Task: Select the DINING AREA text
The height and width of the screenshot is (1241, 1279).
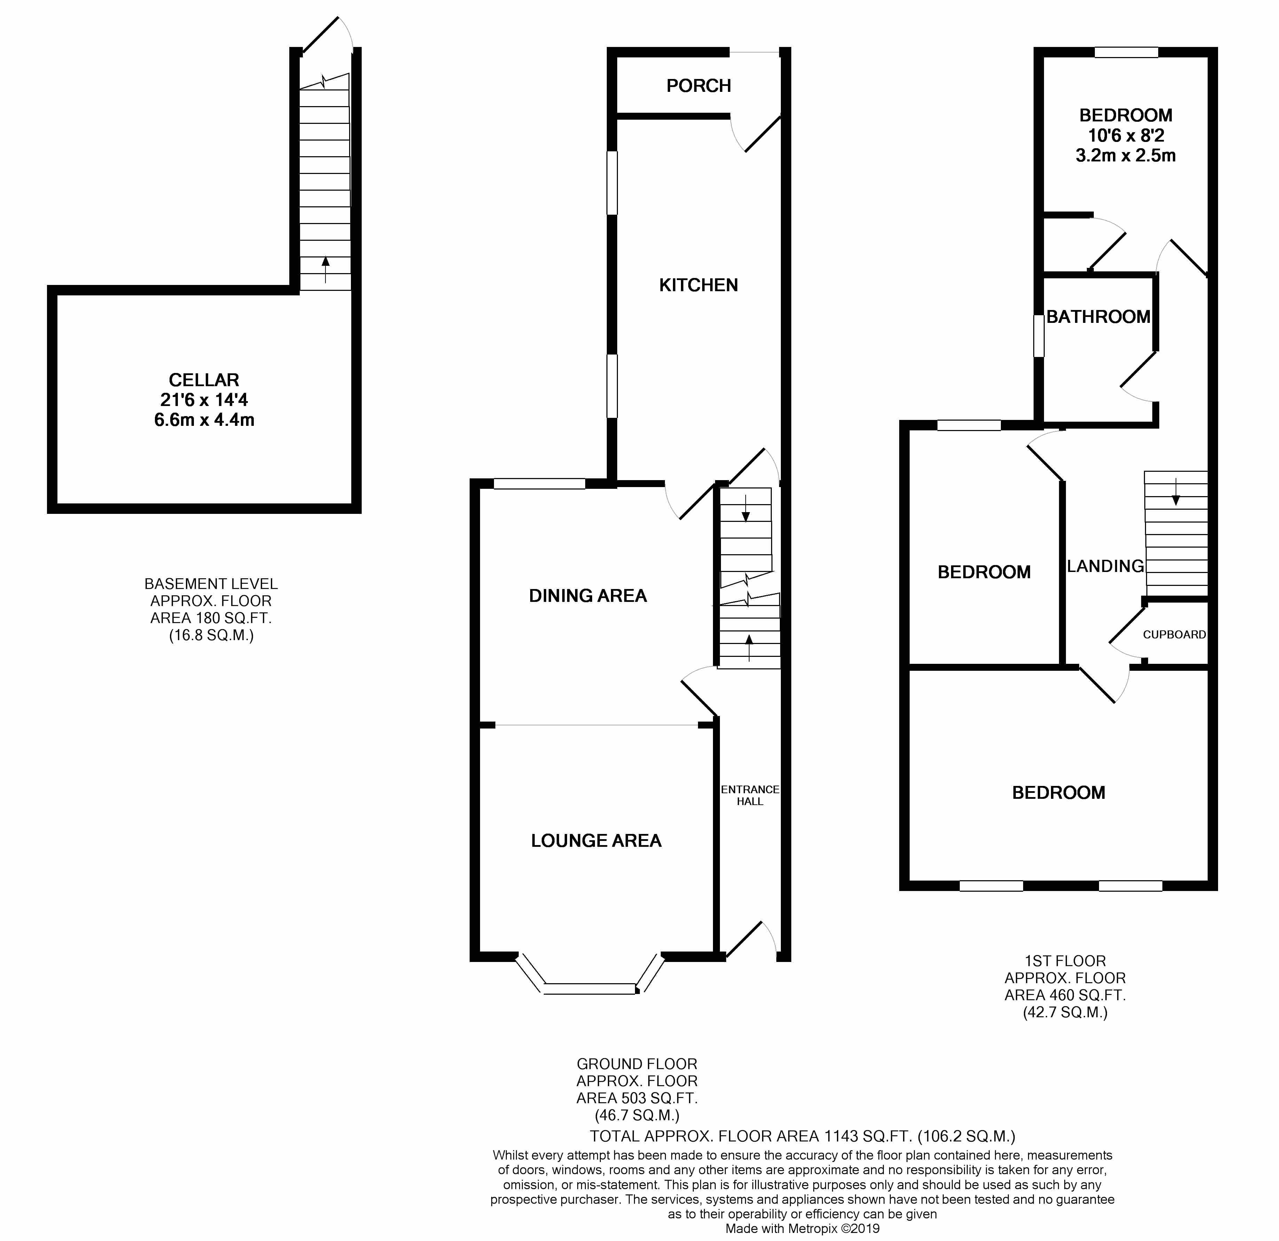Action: tap(588, 595)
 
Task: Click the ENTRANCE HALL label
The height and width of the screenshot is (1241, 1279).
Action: tap(750, 795)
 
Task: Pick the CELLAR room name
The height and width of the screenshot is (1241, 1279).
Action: tap(204, 380)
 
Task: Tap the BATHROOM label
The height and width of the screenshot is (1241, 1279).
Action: tap(1098, 317)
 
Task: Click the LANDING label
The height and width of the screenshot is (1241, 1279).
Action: tap(1105, 566)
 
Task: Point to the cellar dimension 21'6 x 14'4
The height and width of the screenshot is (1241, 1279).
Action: tap(204, 400)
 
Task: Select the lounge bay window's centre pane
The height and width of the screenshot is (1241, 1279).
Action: tap(590, 989)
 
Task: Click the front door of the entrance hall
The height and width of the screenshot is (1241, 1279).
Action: tap(744, 940)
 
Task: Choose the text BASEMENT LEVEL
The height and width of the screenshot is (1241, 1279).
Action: tap(211, 584)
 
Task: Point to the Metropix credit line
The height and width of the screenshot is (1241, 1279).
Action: tap(803, 1228)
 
